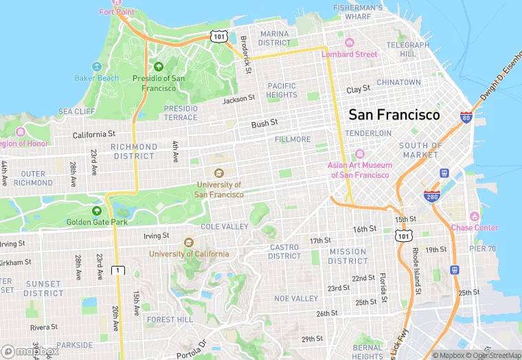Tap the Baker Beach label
(x=96, y=78)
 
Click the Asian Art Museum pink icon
(x=359, y=154)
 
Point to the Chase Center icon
(x=474, y=216)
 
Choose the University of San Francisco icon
(x=219, y=173)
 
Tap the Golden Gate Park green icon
(x=97, y=211)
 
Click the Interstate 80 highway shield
(x=466, y=118)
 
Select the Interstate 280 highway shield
(x=431, y=197)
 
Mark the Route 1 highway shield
(x=119, y=269)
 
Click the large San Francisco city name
(x=394, y=115)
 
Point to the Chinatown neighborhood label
(x=399, y=82)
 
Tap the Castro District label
(x=284, y=251)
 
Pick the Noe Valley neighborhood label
(x=296, y=299)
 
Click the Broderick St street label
(x=246, y=54)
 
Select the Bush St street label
(x=264, y=124)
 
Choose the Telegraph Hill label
(x=407, y=49)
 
